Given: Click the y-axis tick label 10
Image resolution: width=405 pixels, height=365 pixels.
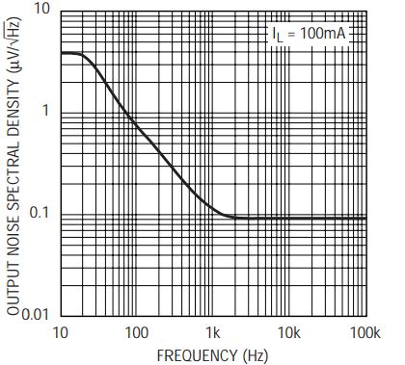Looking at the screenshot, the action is (x=42, y=9).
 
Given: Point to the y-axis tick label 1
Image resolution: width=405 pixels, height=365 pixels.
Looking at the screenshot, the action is (x=45, y=111).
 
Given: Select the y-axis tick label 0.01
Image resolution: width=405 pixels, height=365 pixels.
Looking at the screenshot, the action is (x=35, y=315).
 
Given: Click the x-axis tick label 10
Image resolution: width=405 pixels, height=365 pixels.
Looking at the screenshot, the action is (x=60, y=333).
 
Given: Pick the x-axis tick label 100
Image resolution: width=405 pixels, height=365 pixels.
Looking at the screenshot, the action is (x=136, y=333).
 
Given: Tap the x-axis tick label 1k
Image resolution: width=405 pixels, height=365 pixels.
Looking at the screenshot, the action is (x=213, y=333).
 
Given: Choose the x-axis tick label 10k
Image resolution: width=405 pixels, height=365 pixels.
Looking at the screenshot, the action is (x=289, y=333).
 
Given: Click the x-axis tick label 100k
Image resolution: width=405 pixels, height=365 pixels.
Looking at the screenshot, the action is (x=364, y=333).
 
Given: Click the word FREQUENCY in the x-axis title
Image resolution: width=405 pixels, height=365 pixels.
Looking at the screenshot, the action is (x=197, y=355).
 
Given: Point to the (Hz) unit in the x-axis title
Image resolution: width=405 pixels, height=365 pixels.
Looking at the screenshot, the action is (x=256, y=356).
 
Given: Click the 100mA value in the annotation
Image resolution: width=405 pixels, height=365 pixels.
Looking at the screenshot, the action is (x=323, y=33).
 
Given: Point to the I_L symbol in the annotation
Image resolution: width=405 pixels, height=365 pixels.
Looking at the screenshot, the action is (x=278, y=35).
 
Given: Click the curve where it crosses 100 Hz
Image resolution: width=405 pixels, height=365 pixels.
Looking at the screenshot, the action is (x=137, y=126).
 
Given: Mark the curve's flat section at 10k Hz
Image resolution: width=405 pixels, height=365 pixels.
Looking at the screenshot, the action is (x=290, y=219).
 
